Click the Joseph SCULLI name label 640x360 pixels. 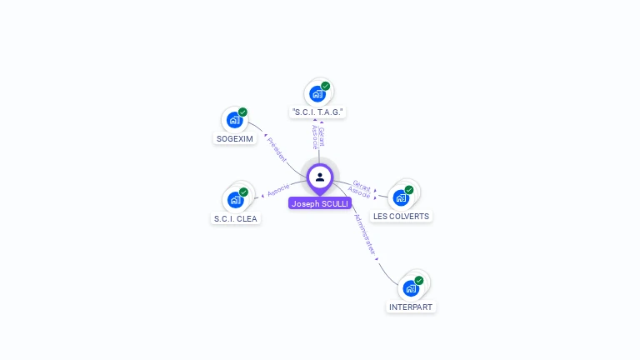click(x=320, y=203)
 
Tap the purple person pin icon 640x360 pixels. click(x=320, y=177)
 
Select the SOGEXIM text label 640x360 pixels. click(x=234, y=139)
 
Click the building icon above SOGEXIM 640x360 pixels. click(x=234, y=120)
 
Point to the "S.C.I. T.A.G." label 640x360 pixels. click(x=318, y=112)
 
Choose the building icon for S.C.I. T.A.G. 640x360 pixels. click(x=317, y=93)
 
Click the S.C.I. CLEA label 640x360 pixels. click(x=236, y=219)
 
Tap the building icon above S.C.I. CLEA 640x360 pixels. click(x=235, y=200)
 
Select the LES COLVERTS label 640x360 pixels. click(x=401, y=217)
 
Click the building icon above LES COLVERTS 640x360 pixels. click(x=401, y=197)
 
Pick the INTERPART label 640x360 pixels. click(x=412, y=307)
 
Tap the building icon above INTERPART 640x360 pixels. click(x=411, y=288)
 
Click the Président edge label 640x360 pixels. click(x=277, y=147)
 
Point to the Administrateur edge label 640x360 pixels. click(x=366, y=234)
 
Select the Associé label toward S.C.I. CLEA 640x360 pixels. click(x=278, y=189)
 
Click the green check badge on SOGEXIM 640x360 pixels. click(x=242, y=112)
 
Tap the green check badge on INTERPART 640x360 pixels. click(x=419, y=281)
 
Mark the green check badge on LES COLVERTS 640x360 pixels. click(x=409, y=190)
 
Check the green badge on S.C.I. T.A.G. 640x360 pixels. click(x=326, y=86)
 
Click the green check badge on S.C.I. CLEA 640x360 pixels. click(x=243, y=192)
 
